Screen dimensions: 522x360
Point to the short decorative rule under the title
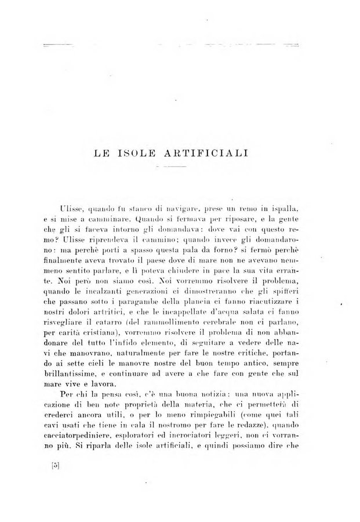(169, 166)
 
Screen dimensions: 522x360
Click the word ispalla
(282, 207)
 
